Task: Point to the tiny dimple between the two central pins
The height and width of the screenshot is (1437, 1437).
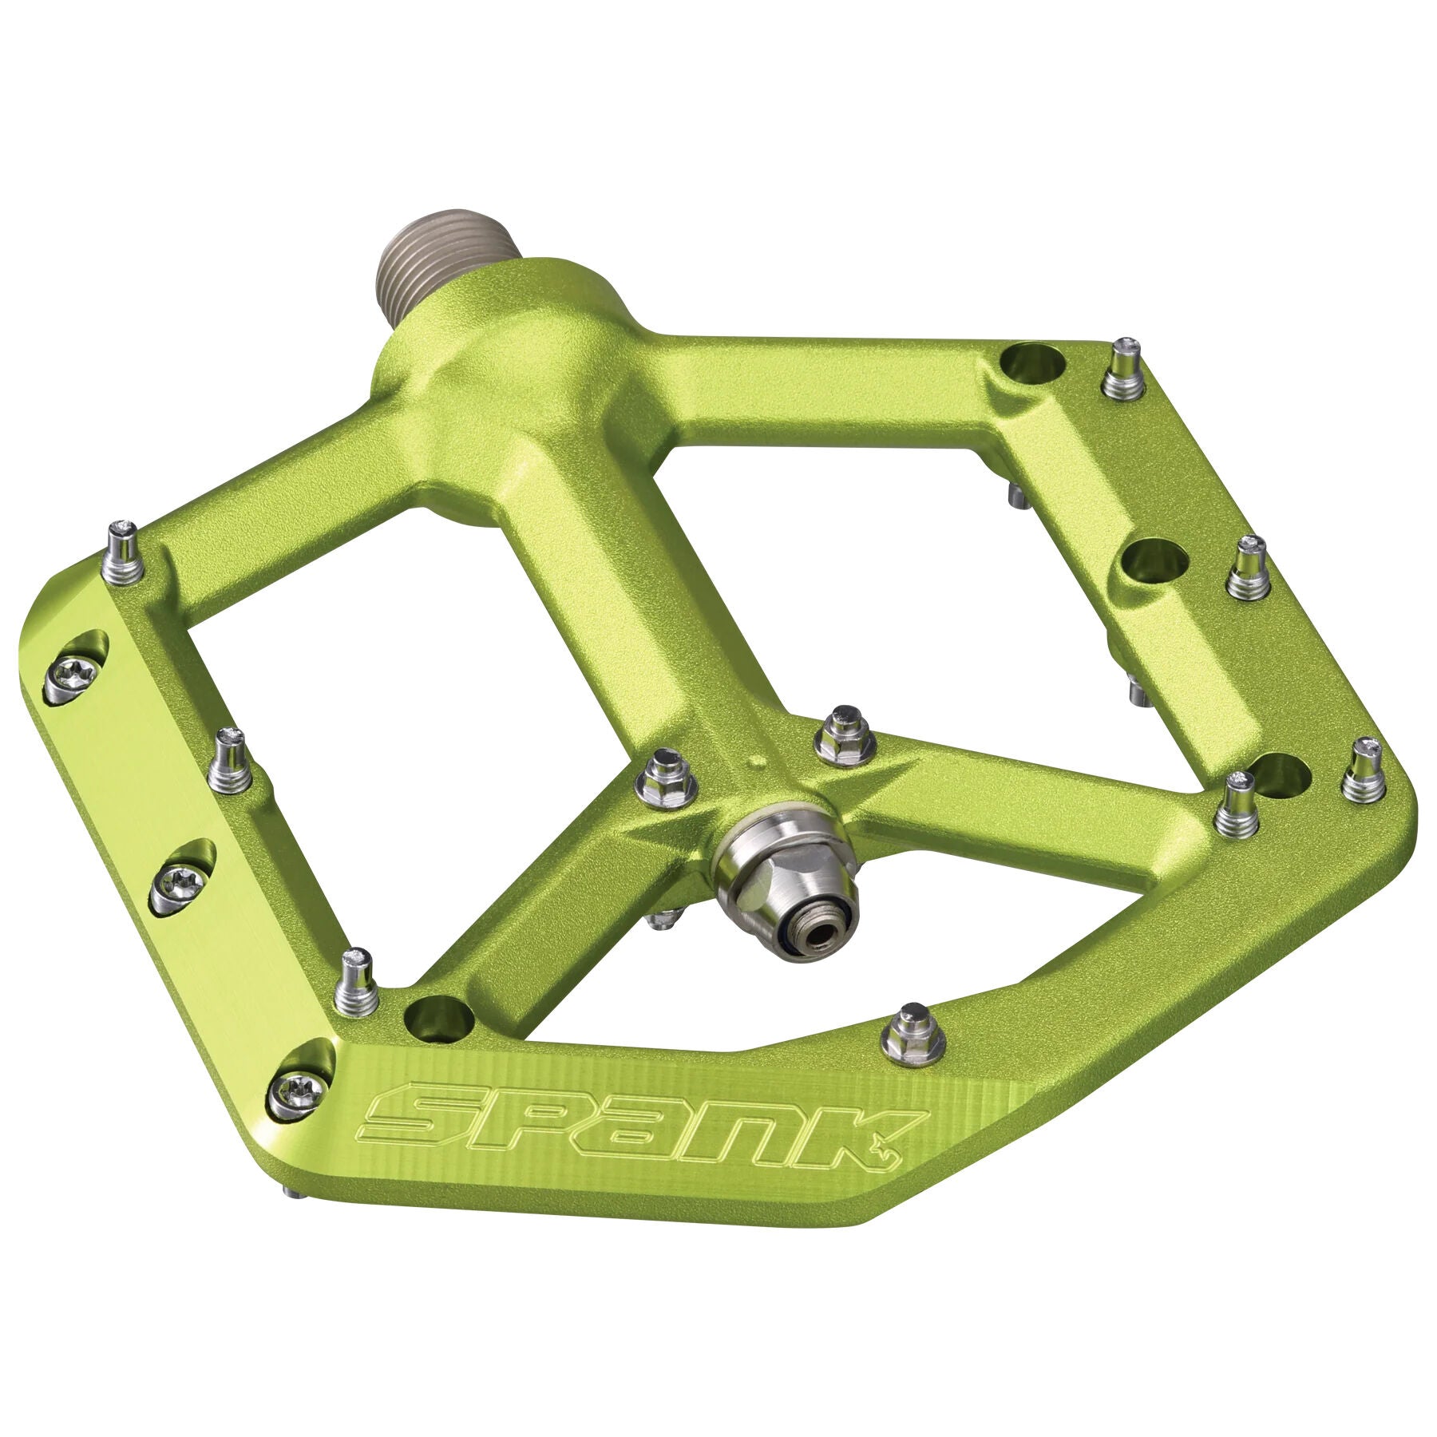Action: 754,763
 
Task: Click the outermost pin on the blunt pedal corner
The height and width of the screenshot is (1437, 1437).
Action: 1364,770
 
